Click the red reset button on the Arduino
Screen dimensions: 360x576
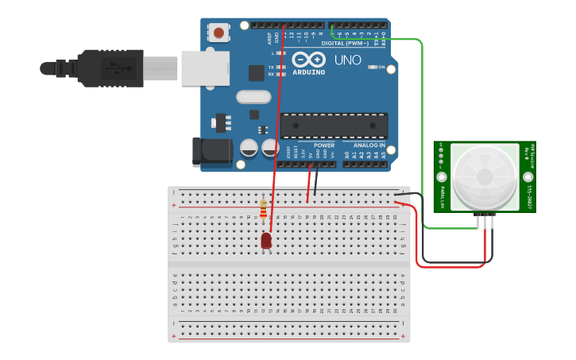(218, 33)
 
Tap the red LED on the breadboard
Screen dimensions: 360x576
(265, 240)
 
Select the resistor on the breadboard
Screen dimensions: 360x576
(263, 208)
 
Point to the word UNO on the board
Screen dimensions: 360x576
(347, 60)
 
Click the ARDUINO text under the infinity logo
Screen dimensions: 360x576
(308, 72)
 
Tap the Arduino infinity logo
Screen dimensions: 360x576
(308, 60)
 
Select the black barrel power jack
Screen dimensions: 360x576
(211, 152)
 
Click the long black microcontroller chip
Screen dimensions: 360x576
(334, 126)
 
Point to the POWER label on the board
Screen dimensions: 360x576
(324, 145)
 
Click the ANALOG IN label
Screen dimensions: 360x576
(369, 145)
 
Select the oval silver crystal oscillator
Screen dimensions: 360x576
(253, 97)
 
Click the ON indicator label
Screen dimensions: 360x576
(381, 67)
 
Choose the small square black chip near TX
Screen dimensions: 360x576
(256, 72)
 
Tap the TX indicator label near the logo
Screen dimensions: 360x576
(271, 68)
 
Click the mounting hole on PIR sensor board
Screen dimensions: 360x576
(442, 176)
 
